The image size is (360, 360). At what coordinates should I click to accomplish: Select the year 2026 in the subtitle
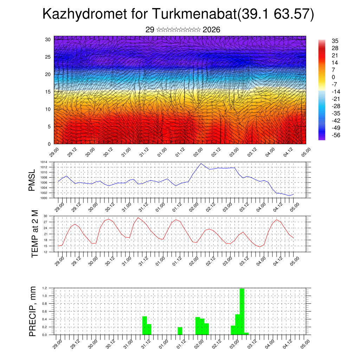(212, 30)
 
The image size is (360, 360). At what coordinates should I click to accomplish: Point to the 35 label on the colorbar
(335, 41)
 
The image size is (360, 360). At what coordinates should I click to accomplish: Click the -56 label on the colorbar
(336, 135)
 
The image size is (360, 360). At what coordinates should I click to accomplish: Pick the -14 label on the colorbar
(336, 91)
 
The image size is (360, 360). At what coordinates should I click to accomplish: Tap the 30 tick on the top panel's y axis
(48, 39)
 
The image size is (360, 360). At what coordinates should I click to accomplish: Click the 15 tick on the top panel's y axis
(48, 92)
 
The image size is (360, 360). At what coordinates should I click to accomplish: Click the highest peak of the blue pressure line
(201, 163)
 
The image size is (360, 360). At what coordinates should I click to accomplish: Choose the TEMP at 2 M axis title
(34, 234)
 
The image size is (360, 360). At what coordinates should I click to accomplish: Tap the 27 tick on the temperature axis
(45, 222)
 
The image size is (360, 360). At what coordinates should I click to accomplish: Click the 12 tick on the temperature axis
(45, 252)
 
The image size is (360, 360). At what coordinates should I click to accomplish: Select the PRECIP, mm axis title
(33, 311)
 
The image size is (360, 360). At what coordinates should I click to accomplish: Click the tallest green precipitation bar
(242, 311)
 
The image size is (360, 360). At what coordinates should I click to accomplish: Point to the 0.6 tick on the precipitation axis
(45, 311)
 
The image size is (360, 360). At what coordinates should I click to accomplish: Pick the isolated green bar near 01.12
(180, 331)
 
